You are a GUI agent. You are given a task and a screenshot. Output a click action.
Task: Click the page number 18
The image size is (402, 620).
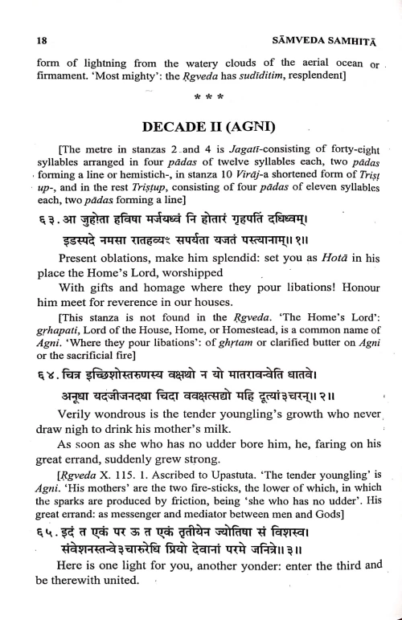coord(31,39)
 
